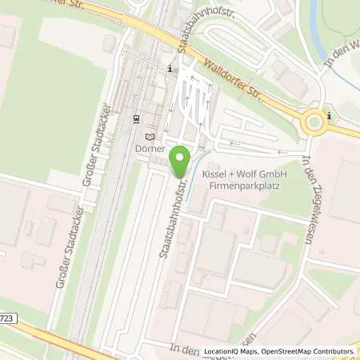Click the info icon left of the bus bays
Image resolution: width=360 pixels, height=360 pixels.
(x=170, y=70)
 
